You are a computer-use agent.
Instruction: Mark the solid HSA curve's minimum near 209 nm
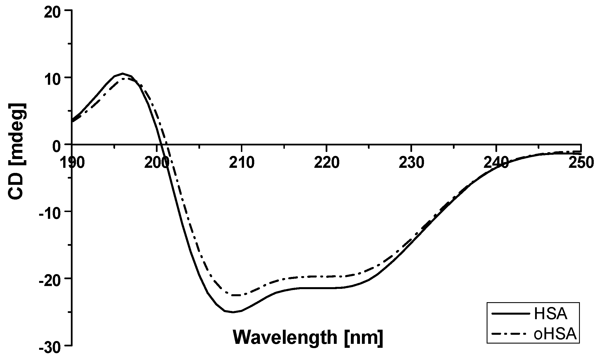click(x=233, y=312)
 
